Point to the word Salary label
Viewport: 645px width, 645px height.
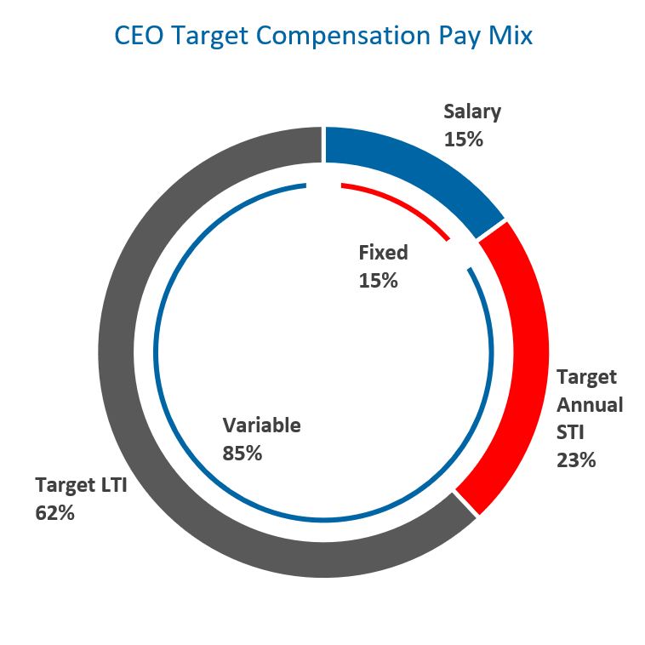click(x=472, y=111)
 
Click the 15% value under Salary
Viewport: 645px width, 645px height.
click(x=464, y=139)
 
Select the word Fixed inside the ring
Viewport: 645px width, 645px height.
click(x=383, y=253)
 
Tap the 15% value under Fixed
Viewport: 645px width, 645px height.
click(x=378, y=280)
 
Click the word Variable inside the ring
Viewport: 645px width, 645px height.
click(x=261, y=425)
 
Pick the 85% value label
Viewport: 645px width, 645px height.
click(x=242, y=453)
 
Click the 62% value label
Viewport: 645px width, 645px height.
click(x=55, y=513)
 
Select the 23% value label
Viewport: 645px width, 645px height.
click(x=576, y=460)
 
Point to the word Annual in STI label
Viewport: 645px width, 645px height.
click(x=590, y=404)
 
